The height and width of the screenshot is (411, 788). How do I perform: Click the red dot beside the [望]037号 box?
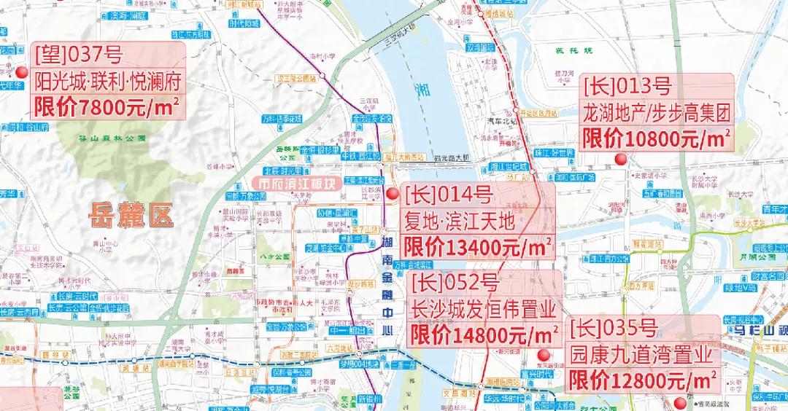point(23,73)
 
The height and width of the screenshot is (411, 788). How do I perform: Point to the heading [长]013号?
point(627,87)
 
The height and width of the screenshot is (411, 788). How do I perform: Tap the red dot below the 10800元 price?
point(621,160)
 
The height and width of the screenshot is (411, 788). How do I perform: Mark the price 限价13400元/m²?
point(477,246)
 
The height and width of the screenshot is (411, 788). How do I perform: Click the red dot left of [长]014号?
point(393,194)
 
